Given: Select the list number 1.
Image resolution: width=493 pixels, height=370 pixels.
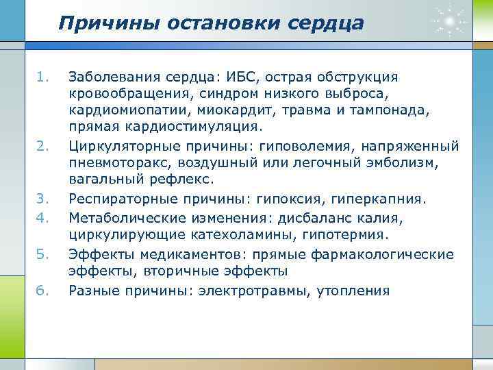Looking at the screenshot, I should (x=43, y=76).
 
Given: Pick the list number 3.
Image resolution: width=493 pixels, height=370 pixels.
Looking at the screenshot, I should (x=43, y=199).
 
